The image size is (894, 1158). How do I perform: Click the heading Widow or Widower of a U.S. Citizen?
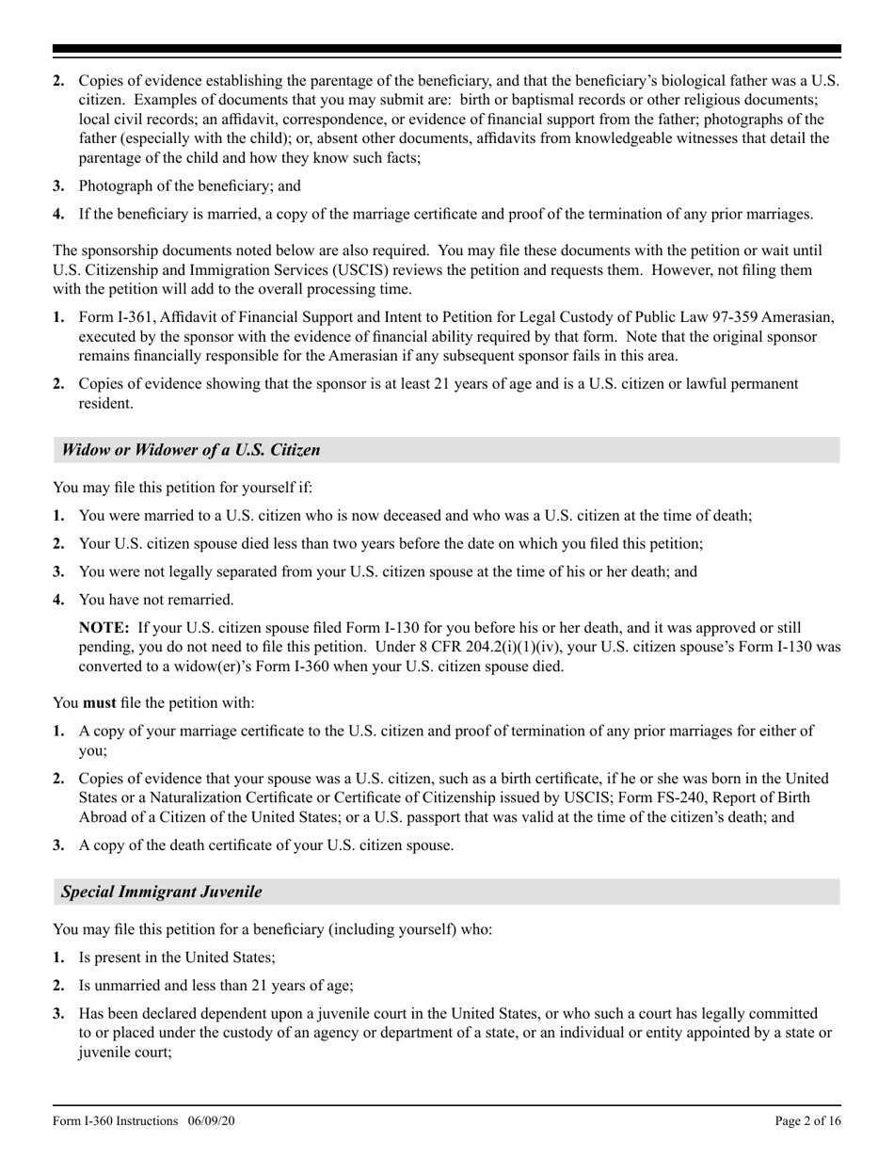(x=191, y=450)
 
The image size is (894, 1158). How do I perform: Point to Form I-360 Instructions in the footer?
(x=116, y=1120)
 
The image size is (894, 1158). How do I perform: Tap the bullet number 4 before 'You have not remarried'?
(x=58, y=600)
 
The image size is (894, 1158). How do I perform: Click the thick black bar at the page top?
(x=447, y=48)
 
